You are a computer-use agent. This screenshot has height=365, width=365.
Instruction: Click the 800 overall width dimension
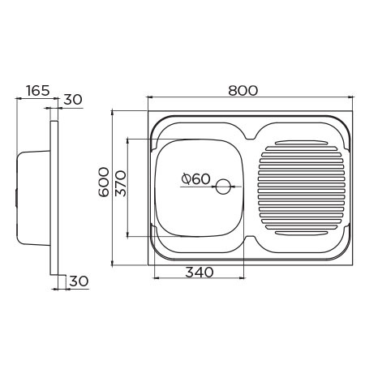click(243, 90)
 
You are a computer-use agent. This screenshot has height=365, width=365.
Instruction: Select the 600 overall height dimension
click(103, 187)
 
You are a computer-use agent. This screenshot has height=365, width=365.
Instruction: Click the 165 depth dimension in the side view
click(37, 90)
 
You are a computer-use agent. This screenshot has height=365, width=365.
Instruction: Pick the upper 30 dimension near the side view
click(73, 100)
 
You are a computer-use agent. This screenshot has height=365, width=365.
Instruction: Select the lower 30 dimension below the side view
click(79, 281)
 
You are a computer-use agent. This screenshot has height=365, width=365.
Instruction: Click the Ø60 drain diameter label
click(195, 179)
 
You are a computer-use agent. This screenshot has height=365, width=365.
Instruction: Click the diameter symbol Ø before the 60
click(187, 179)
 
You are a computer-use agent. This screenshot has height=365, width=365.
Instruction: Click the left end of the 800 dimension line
click(148, 98)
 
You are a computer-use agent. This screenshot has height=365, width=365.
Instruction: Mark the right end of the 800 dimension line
click(355, 98)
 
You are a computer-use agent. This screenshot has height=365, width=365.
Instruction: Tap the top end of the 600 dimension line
click(112, 109)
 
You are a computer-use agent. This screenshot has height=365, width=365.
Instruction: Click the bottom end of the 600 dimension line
click(112, 264)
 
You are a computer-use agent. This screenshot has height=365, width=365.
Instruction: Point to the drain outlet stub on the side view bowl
click(17, 195)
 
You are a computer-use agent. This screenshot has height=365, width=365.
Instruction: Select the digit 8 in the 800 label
click(232, 90)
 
